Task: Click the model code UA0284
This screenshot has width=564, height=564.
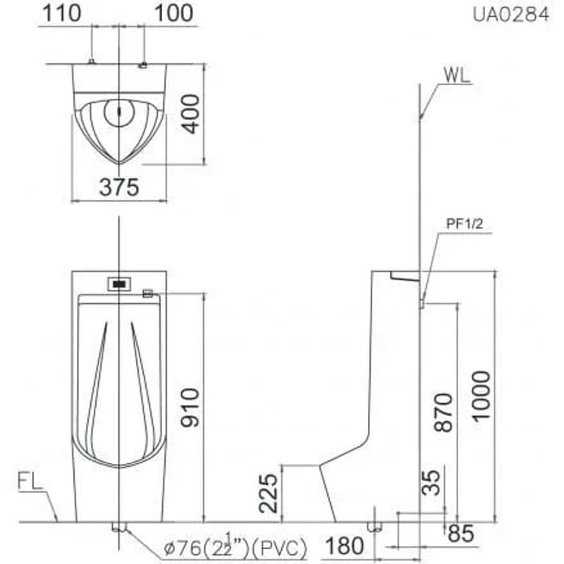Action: [510, 15]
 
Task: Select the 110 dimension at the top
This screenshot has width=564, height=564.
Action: [62, 13]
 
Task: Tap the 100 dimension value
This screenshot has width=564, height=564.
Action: [173, 13]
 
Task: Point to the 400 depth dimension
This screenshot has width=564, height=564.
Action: [190, 114]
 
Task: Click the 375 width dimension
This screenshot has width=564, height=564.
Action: [119, 188]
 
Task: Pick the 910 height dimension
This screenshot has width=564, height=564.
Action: [190, 407]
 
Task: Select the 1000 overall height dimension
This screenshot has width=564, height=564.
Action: [482, 397]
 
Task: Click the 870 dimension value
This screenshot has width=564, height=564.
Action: [443, 412]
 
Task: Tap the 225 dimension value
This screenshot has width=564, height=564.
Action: [269, 493]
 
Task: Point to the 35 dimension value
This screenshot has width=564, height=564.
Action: [431, 483]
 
